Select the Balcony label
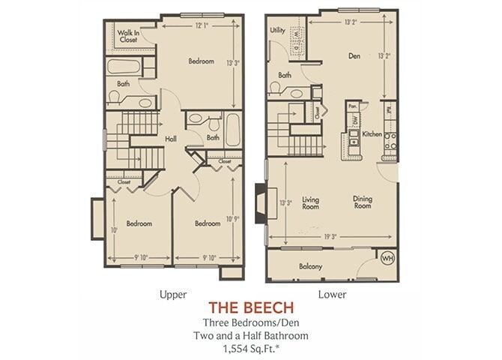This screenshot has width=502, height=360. click(310, 266)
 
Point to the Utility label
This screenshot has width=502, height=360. click(277, 31)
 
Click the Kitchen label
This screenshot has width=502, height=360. click(372, 134)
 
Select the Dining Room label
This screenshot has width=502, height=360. click(363, 202)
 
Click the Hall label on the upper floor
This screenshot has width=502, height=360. click(171, 139)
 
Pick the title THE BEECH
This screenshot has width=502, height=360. click(251, 307)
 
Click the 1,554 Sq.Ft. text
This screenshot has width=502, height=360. click(251, 349)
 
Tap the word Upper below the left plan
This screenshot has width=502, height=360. click(172, 294)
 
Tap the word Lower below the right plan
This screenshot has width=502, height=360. click(333, 294)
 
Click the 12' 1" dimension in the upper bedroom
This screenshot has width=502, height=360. click(202, 25)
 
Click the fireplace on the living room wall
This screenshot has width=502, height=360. click(260, 203)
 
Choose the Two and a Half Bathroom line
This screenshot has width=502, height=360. click(251, 335)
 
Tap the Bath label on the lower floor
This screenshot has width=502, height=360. click(285, 75)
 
